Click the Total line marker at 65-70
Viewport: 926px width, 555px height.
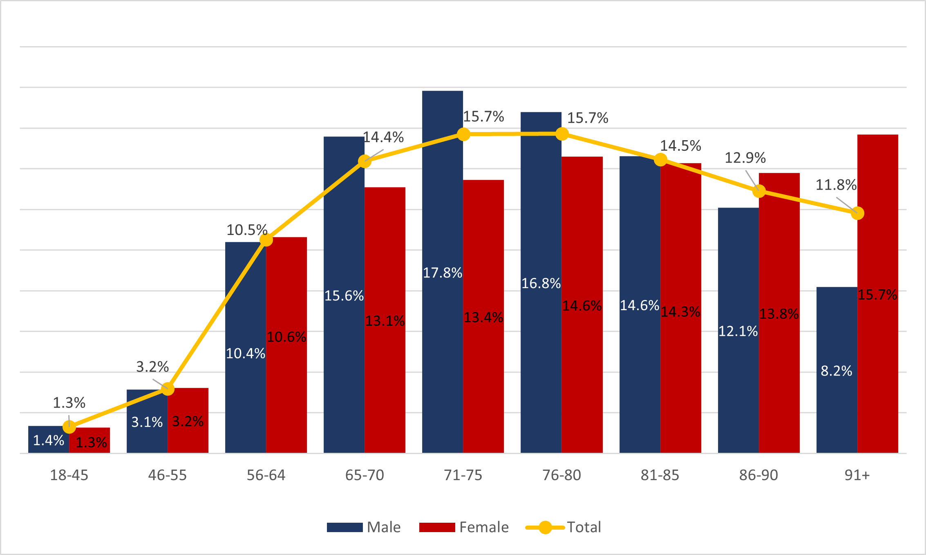pyautogui.click(x=365, y=161)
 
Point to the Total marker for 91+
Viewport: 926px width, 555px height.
pyautogui.click(x=857, y=213)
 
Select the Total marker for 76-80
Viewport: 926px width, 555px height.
pyautogui.click(x=562, y=134)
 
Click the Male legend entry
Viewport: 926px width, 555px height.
pyautogui.click(x=363, y=527)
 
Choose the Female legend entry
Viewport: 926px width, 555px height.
pyautogui.click(x=464, y=527)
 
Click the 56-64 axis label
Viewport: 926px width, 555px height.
pyautogui.click(x=266, y=475)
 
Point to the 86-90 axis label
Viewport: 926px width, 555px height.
pyautogui.click(x=758, y=475)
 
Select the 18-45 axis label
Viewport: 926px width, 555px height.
pyautogui.click(x=69, y=475)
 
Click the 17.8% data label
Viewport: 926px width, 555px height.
pyautogui.click(x=442, y=273)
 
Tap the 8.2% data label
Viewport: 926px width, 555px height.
pyautogui.click(x=836, y=371)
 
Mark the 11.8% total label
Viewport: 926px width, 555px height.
pyautogui.click(x=836, y=185)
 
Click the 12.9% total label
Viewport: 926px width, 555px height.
pyautogui.click(x=745, y=158)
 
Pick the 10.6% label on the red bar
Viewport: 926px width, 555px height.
pyautogui.click(x=286, y=337)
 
